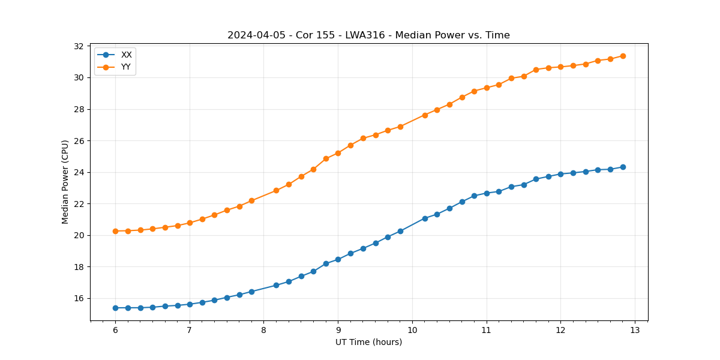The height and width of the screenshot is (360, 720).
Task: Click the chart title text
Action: pyautogui.click(x=368, y=35)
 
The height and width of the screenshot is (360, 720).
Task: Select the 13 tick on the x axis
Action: pyautogui.click(x=635, y=331)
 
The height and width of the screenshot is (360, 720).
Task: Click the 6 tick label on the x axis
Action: pyautogui.click(x=115, y=331)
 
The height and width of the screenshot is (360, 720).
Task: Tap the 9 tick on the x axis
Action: pyautogui.click(x=338, y=331)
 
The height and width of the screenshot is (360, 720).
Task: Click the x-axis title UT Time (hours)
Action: pyautogui.click(x=368, y=342)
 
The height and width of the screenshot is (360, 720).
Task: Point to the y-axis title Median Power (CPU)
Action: pyautogui.click(x=65, y=182)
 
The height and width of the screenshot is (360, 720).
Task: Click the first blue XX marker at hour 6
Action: pyautogui.click(x=115, y=308)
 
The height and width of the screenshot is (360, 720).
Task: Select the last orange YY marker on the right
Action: pyautogui.click(x=623, y=56)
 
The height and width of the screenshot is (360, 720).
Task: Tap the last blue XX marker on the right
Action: pyautogui.click(x=623, y=167)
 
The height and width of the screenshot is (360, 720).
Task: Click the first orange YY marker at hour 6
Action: pyautogui.click(x=115, y=231)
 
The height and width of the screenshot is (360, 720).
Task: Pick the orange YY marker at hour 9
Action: pyautogui.click(x=338, y=153)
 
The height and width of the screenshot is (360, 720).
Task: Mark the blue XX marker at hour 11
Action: pyautogui.click(x=487, y=193)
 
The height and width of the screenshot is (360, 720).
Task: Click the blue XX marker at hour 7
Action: pyautogui.click(x=190, y=304)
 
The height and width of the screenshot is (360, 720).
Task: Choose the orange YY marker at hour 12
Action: pyautogui.click(x=560, y=67)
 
